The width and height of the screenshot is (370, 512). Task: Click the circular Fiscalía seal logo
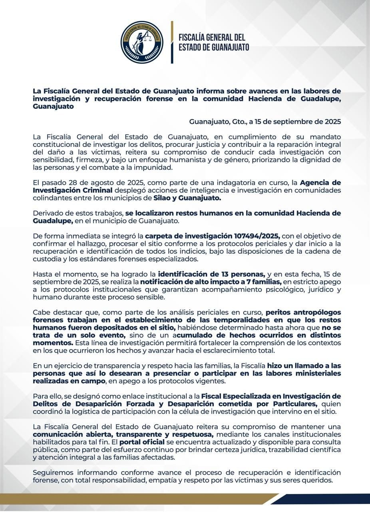(142, 42)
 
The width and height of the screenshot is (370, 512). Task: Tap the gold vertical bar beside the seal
(172, 42)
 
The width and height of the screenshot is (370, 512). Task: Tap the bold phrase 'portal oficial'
(142, 442)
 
